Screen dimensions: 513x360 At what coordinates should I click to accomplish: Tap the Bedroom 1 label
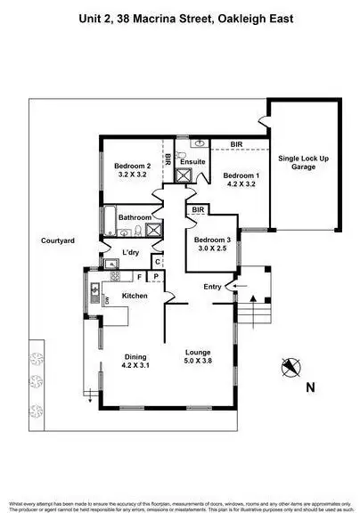coord(241,175)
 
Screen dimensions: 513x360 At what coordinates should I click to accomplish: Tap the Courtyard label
coord(57,240)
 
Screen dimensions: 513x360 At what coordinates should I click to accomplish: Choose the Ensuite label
coord(192,161)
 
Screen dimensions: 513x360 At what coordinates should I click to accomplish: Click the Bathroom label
coord(134,216)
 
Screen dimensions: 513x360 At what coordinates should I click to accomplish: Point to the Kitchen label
coord(135,295)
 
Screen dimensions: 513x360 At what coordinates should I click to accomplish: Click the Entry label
coord(212,286)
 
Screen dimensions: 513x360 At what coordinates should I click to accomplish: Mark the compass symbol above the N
coord(289,365)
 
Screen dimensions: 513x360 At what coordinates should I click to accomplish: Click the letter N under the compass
coord(309,387)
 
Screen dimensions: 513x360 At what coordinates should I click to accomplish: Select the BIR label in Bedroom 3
coord(199,210)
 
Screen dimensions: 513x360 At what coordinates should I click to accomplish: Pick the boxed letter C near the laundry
coord(156,262)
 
